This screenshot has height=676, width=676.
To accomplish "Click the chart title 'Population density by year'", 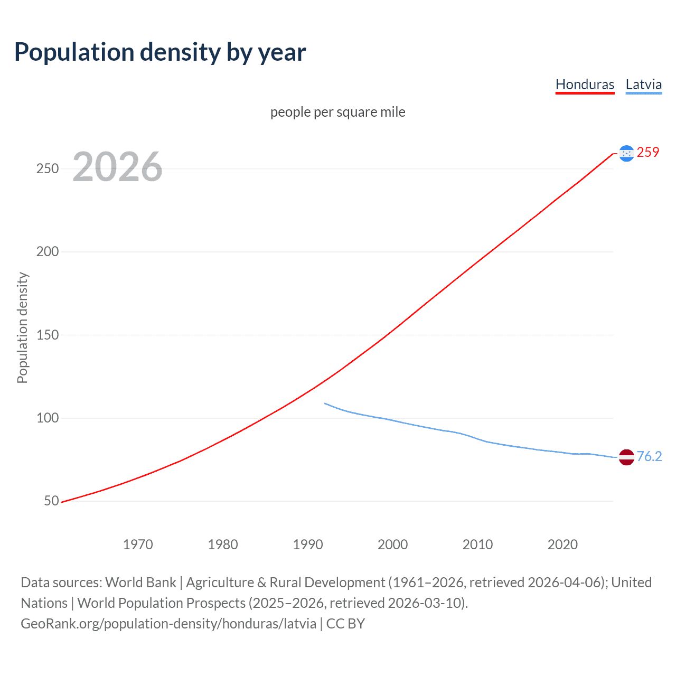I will [x=160, y=52].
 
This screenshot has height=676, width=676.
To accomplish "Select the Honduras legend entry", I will [x=585, y=84].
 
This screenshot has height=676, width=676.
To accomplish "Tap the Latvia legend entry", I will [x=643, y=84].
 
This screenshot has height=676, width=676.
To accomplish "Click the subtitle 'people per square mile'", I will [x=337, y=112].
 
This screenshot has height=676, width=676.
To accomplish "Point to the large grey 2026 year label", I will [x=117, y=167].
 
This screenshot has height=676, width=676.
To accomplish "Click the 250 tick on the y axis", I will [x=48, y=169].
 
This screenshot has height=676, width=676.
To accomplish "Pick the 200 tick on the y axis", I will [x=48, y=252].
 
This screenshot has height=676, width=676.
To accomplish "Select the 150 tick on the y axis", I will [x=48, y=335].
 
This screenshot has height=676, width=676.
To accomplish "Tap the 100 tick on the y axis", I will [x=48, y=418].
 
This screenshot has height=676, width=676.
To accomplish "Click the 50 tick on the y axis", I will [x=51, y=501].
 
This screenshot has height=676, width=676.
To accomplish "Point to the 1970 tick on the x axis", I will [x=138, y=544].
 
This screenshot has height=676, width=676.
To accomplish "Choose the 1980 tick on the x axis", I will [x=223, y=544].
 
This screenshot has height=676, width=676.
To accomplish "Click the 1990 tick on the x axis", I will [x=308, y=544].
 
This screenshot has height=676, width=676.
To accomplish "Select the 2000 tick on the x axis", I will [x=392, y=544].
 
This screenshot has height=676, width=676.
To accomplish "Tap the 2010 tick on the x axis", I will [x=477, y=544].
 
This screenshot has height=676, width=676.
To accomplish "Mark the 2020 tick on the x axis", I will [x=562, y=544].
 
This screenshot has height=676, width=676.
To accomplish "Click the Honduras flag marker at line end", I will [x=626, y=153].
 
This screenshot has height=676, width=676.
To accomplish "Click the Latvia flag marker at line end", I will [x=626, y=457].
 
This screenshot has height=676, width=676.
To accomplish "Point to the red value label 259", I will [x=648, y=153].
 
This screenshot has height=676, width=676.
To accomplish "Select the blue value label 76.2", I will [x=649, y=457].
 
